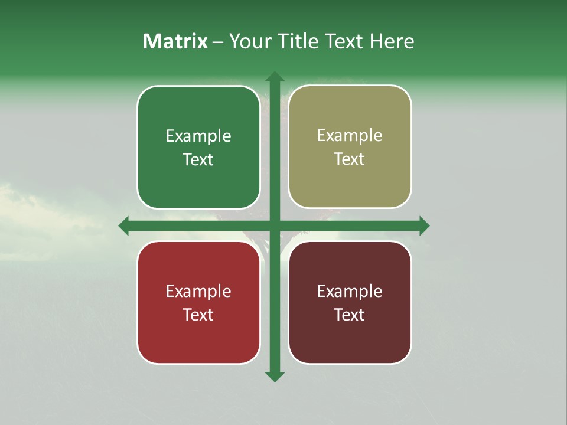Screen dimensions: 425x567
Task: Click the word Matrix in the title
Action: coord(175,41)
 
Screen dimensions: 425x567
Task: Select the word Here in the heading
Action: coord(392,41)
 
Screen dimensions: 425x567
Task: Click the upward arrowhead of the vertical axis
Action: coord(274,76)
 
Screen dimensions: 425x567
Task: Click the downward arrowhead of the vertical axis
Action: coord(274,377)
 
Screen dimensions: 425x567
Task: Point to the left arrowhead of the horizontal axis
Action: coord(123,225)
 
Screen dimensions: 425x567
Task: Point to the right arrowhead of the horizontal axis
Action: coord(424,225)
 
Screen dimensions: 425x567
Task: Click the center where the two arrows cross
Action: coord(274,225)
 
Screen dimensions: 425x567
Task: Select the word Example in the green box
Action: coord(198,136)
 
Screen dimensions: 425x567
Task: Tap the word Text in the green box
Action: coord(198,159)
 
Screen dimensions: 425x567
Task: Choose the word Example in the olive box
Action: coord(350,136)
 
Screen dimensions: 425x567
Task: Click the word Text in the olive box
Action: coord(350,159)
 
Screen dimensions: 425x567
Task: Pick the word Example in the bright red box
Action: coord(198,291)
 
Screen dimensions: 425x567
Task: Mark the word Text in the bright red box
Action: coord(198,315)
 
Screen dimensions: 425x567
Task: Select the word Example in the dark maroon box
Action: coord(350,291)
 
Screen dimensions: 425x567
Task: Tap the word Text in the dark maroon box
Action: coord(350,315)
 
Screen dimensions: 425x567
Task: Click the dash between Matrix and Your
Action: coord(218,42)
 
